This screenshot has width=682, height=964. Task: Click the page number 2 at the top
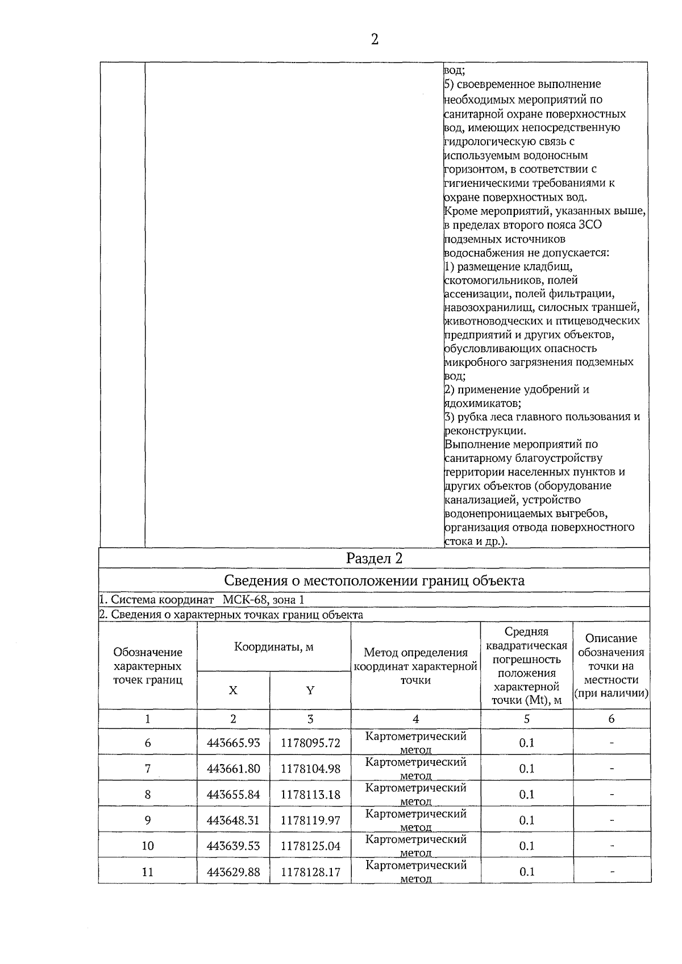374,39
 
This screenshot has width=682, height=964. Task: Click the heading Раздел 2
374,558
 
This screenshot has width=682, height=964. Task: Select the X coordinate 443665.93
233,743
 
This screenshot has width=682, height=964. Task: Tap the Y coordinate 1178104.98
310,769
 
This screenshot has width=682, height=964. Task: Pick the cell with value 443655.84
233,795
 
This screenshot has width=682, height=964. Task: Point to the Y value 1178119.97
310,820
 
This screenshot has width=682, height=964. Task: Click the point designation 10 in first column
148,846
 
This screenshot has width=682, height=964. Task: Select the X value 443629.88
233,872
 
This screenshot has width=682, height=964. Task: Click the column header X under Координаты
233,691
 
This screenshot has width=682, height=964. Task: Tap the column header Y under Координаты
310,691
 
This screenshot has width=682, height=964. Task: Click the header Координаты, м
273,647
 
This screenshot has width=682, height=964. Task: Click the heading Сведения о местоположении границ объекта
374,581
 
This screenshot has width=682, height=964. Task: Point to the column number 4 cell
415,719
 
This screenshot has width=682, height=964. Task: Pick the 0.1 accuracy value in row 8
527,795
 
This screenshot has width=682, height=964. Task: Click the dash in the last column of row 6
612,743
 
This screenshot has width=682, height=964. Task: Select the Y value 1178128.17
310,872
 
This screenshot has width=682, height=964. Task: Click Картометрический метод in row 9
415,820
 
